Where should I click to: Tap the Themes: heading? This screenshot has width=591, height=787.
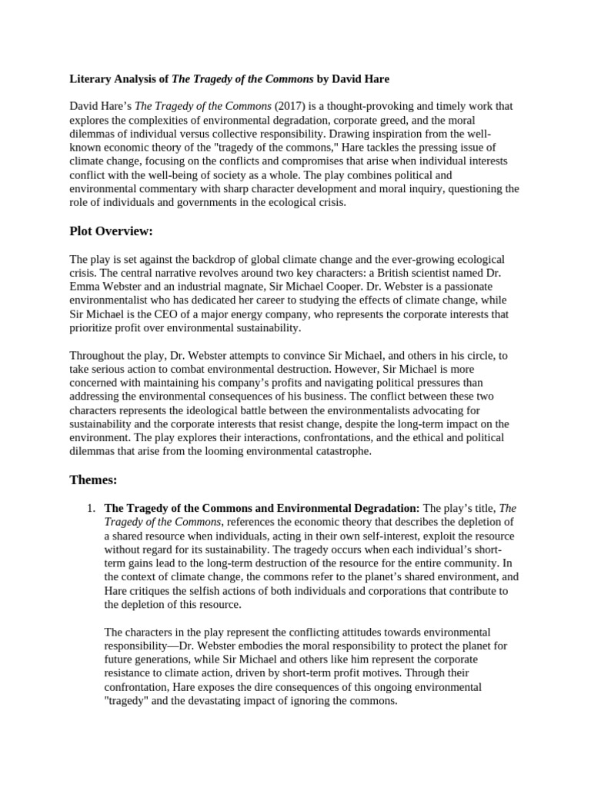[x=93, y=480]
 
